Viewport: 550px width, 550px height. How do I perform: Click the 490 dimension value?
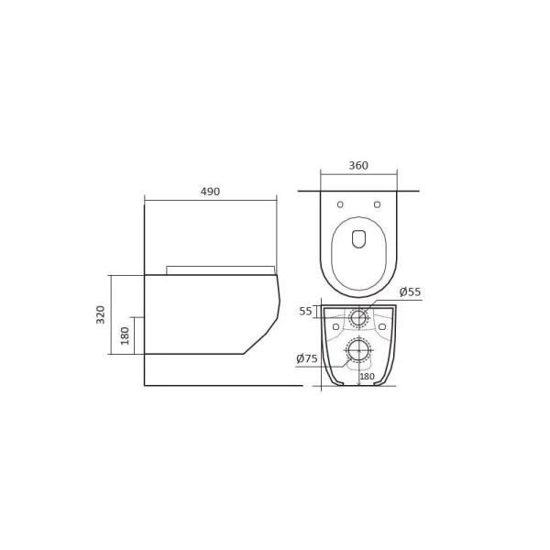coord(210,192)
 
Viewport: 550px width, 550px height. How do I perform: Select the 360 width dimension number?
coord(358,166)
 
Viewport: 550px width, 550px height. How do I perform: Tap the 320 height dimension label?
coord(101,314)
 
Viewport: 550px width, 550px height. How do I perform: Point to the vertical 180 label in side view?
coord(126,335)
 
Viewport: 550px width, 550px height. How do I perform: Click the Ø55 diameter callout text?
coord(410,292)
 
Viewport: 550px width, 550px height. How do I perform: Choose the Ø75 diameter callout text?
coord(306,358)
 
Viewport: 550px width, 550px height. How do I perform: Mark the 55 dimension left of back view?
coord(305,312)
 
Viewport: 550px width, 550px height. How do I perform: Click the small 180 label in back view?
coord(367,377)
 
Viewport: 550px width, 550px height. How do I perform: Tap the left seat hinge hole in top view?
coord(340,203)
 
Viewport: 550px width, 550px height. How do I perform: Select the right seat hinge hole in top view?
coord(377,203)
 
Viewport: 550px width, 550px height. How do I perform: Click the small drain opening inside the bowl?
coord(358,239)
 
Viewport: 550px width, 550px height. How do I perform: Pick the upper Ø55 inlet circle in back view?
coord(358,318)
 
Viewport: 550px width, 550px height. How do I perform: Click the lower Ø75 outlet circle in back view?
coord(358,350)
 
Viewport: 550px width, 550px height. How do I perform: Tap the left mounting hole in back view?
coord(335,326)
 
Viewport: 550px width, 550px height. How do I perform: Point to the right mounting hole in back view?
coord(381,326)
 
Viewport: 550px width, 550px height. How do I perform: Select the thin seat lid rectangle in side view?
coord(220,270)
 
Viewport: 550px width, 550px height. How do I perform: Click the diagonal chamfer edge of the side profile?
coord(256,343)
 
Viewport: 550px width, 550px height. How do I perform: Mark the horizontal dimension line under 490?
coord(210,200)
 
